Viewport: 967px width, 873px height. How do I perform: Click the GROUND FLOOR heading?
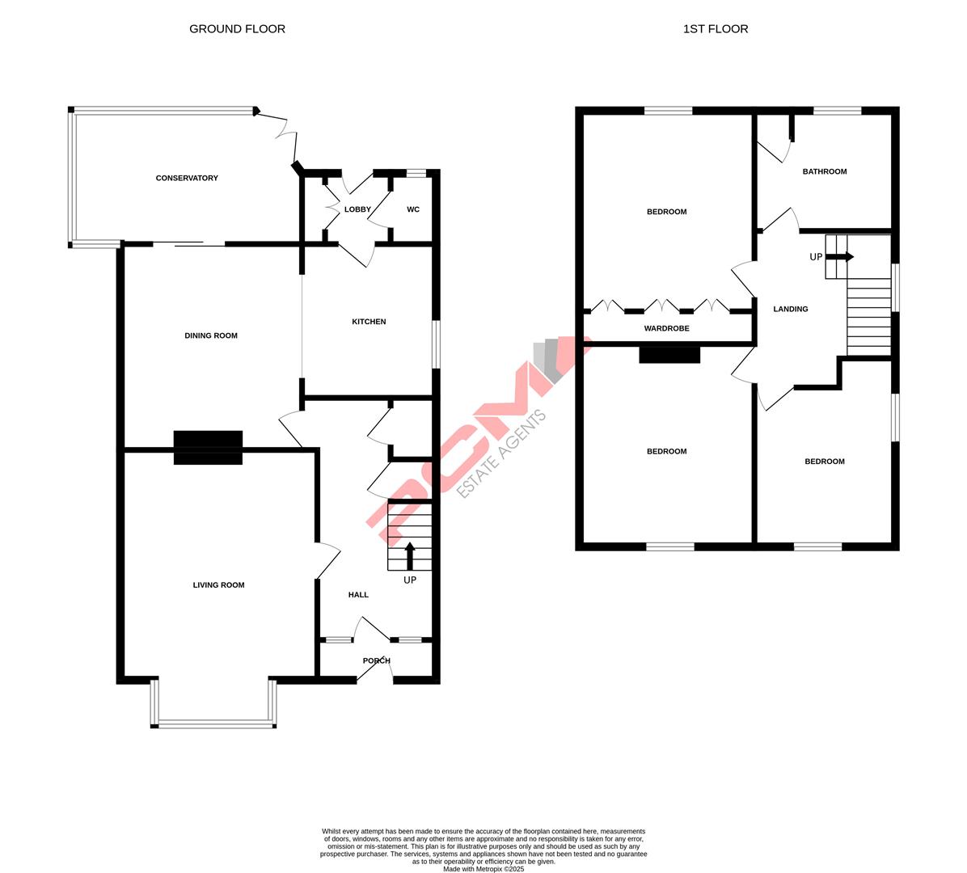tap(237, 29)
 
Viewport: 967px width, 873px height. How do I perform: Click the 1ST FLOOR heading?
tap(716, 29)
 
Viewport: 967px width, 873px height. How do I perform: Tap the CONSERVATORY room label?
tap(187, 178)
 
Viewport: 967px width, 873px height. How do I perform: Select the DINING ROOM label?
tap(211, 335)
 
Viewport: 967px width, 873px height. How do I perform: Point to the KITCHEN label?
tap(369, 322)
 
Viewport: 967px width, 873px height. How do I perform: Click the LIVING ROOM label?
tap(218, 585)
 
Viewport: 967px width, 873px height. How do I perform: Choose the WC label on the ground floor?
tap(413, 209)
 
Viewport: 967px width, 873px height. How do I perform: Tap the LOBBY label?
tap(357, 209)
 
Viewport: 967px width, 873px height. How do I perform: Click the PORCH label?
tap(377, 660)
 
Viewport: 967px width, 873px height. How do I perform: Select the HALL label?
tap(358, 595)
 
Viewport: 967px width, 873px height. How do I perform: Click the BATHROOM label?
tap(825, 171)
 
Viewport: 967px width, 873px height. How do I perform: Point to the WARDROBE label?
tap(666, 329)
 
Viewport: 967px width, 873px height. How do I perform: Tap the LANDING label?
tap(790, 309)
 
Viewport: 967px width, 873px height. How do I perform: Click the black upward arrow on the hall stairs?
tap(410, 556)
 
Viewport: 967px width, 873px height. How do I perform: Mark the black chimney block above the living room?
tap(209, 448)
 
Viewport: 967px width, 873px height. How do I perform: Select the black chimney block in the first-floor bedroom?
tap(669, 354)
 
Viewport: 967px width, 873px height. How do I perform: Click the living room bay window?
tap(214, 722)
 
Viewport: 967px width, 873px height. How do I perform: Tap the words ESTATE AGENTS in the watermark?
tap(502, 453)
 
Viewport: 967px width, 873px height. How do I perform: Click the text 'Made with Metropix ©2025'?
tap(483, 869)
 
